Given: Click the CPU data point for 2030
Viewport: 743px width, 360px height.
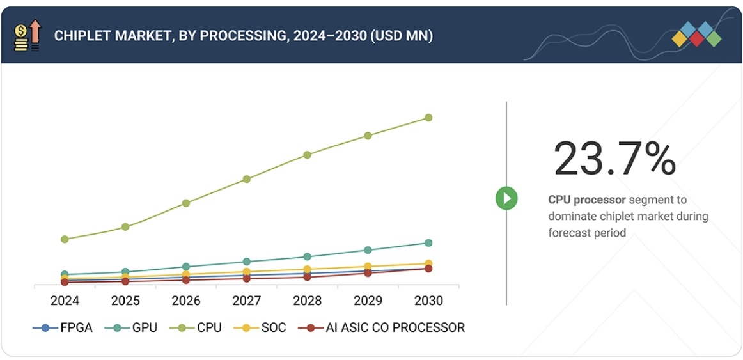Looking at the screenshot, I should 428,118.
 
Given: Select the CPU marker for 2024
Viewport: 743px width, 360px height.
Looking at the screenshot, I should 65,239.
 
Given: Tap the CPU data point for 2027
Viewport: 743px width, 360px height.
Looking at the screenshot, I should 247,179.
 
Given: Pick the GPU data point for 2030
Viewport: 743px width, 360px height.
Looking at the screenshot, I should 428,243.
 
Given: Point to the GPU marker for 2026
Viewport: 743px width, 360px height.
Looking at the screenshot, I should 186,267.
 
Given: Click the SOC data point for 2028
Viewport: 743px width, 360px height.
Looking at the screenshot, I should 307,269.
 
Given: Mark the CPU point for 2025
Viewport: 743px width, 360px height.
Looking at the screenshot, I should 125,227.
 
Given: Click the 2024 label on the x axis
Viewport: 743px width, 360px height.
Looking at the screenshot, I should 65,301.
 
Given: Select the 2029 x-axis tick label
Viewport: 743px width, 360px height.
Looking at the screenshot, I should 368,301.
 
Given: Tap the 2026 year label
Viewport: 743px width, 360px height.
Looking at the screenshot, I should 186,301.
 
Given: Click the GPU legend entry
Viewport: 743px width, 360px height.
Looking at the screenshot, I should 135,328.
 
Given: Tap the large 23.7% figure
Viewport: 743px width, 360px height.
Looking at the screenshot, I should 614,159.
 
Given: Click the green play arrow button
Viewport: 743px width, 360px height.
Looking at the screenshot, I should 506,198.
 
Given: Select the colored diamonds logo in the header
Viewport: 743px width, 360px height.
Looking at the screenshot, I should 696,35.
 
